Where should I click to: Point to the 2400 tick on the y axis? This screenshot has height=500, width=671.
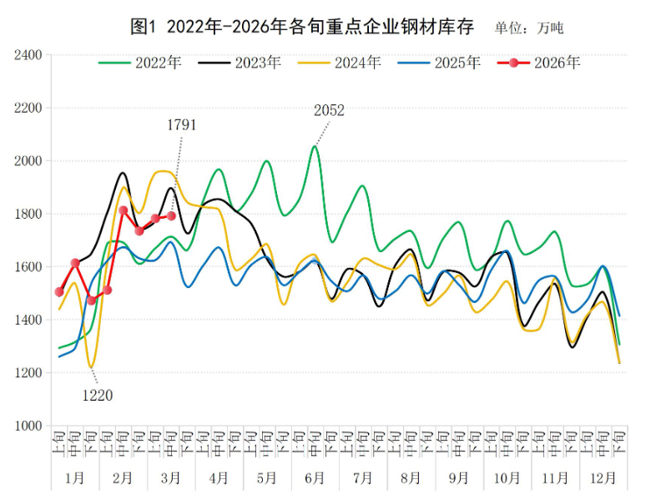[28, 55]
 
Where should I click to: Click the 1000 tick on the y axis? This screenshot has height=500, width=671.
[28, 426]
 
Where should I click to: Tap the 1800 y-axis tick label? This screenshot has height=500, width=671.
[28, 214]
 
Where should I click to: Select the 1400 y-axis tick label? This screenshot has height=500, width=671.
[28, 320]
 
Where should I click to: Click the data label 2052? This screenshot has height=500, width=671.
[329, 109]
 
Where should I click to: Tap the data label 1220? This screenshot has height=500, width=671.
[97, 395]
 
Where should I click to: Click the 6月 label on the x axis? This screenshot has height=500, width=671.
[315, 478]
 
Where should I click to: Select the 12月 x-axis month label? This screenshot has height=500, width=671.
[603, 478]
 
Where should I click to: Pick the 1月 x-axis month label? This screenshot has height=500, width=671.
[74, 478]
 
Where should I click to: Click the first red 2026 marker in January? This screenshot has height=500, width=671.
[59, 292]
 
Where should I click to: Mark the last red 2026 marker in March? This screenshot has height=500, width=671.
[171, 216]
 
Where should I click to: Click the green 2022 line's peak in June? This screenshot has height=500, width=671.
[315, 147]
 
